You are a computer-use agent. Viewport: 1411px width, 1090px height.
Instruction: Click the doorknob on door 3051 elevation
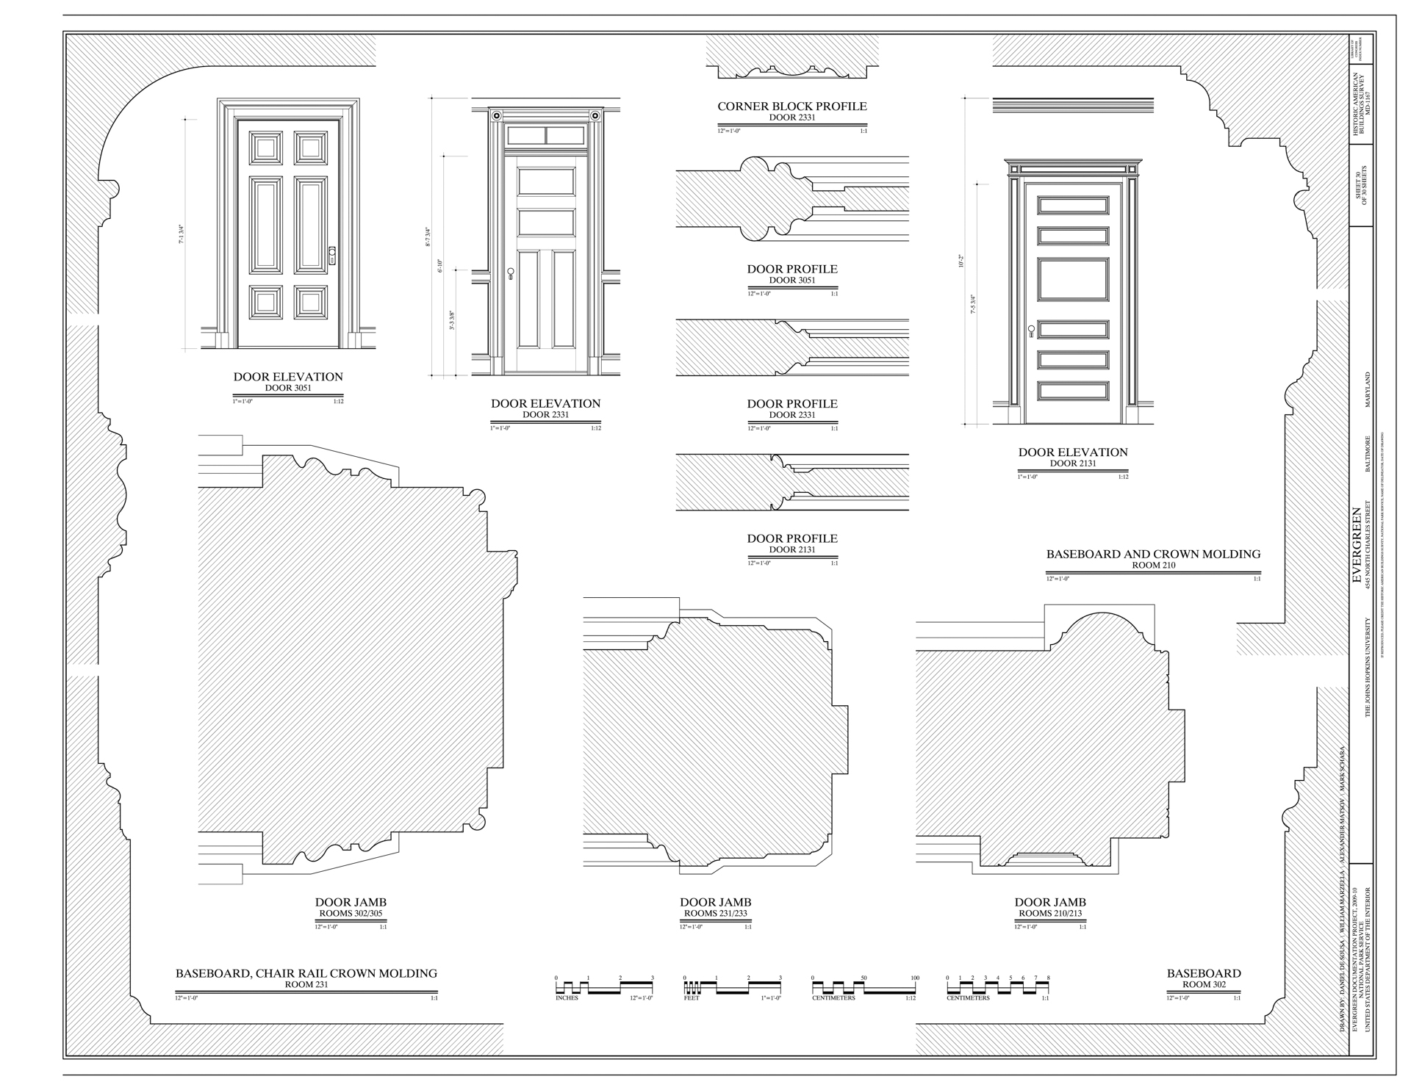pyautogui.click(x=332, y=255)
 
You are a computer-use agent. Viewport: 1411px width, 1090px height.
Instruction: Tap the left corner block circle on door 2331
pyautogui.click(x=497, y=116)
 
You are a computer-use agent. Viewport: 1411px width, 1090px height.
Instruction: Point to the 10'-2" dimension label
pyautogui.click(x=961, y=261)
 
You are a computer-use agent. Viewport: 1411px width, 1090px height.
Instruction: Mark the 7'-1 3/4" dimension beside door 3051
pyautogui.click(x=181, y=234)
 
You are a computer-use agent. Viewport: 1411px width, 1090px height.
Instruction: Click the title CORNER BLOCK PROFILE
pyautogui.click(x=791, y=107)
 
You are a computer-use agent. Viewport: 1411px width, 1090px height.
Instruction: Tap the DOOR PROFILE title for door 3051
pyautogui.click(x=791, y=270)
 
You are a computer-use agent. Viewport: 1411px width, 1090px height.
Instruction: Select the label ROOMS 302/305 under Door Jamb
pyautogui.click(x=351, y=914)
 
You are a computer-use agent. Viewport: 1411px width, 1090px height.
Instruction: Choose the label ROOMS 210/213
pyautogui.click(x=1049, y=914)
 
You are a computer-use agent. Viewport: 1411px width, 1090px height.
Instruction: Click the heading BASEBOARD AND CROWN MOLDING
pyautogui.click(x=1153, y=555)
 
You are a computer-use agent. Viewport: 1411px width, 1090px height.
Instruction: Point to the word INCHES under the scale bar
pyautogui.click(x=567, y=998)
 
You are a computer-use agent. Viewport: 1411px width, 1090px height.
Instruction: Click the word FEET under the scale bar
pyautogui.click(x=692, y=998)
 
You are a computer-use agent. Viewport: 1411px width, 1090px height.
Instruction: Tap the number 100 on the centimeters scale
pyautogui.click(x=914, y=978)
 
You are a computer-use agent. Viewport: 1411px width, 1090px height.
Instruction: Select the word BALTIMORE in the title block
pyautogui.click(x=1368, y=455)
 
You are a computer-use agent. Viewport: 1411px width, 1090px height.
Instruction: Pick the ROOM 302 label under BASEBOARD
pyautogui.click(x=1203, y=984)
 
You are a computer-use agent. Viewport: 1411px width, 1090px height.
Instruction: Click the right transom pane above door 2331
pyautogui.click(x=566, y=135)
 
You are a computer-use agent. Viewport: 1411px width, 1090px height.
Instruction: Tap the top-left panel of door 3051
pyautogui.click(x=265, y=147)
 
